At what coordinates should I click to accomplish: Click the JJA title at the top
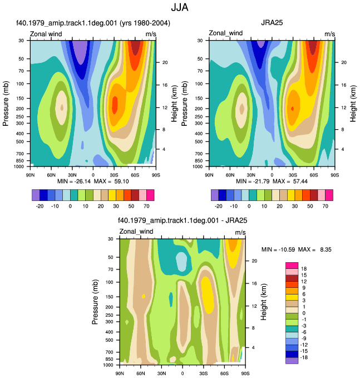click(180, 7)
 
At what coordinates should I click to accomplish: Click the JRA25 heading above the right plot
click(272, 23)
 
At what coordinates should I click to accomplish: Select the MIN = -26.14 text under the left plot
click(74, 181)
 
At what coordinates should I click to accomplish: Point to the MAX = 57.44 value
click(290, 181)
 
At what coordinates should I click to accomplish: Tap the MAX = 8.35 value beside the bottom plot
click(315, 249)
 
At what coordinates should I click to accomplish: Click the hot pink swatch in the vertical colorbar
click(292, 266)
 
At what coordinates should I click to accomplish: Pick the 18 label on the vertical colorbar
click(304, 269)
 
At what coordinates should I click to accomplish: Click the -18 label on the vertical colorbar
click(304, 357)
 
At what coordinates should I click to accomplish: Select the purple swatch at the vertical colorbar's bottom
click(292, 361)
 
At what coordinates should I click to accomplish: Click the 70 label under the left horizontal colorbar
click(146, 206)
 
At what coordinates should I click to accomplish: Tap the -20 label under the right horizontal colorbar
click(219, 206)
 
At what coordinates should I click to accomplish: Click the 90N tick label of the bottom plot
click(120, 374)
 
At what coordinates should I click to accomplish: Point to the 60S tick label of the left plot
click(135, 175)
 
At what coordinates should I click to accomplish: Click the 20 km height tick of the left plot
click(165, 62)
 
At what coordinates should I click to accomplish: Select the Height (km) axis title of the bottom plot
click(264, 302)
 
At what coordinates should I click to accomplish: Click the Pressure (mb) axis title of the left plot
click(6, 104)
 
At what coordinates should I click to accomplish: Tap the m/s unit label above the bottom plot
click(240, 232)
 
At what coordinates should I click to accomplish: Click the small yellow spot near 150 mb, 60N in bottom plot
click(144, 296)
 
